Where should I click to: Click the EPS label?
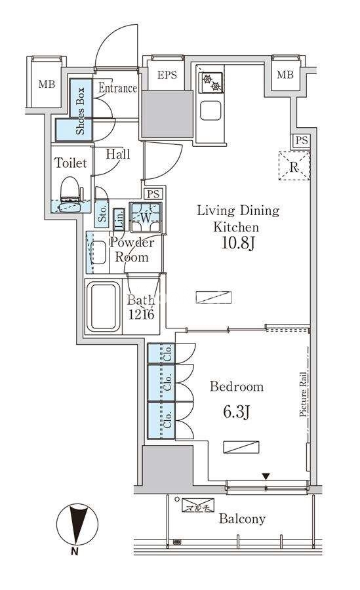(x=167, y=75)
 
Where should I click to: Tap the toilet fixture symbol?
(x=71, y=195)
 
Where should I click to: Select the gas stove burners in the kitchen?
(x=211, y=83)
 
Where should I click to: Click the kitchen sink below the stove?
(x=210, y=111)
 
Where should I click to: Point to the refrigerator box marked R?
(x=294, y=166)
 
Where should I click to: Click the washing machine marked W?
(x=146, y=217)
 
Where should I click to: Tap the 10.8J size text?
(x=239, y=243)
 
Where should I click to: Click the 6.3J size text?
(x=237, y=412)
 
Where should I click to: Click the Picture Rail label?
(x=303, y=394)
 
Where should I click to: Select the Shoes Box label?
(x=80, y=111)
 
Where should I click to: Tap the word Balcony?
(x=242, y=519)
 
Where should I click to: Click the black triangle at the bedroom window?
(x=266, y=477)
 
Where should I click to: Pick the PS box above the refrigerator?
(x=301, y=141)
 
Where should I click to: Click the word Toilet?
(x=71, y=163)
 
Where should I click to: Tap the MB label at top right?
(x=285, y=75)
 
